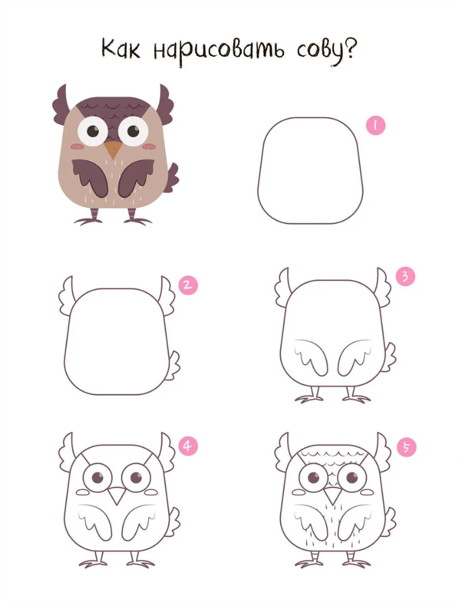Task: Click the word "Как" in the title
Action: click(121, 49)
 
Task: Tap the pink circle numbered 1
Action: click(376, 125)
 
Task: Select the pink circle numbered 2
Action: click(188, 285)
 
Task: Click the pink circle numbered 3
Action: click(406, 277)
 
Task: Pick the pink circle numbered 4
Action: click(188, 446)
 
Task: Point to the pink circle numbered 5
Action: click(407, 447)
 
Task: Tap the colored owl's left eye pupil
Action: click(93, 131)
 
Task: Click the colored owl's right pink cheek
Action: click(149, 146)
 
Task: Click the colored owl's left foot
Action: click(90, 218)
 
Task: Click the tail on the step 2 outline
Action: click(174, 365)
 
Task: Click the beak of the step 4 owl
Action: click(117, 495)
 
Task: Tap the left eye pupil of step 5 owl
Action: click(314, 478)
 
